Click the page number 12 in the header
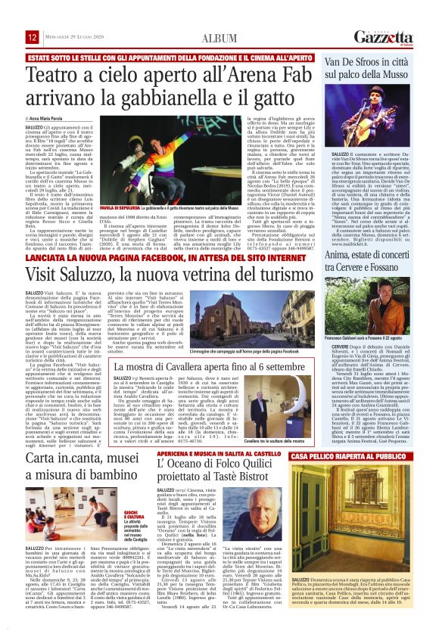click(33, 37)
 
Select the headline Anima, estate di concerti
click(378, 245)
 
